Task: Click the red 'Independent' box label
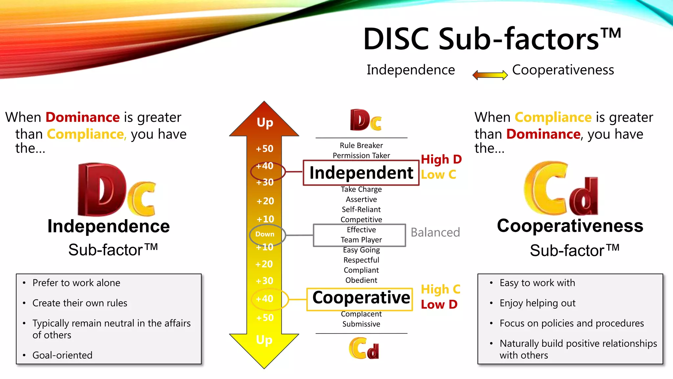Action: point(361,173)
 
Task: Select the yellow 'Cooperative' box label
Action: point(361,298)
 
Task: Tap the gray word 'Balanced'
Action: point(435,233)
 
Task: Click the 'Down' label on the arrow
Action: point(265,234)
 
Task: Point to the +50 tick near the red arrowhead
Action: point(265,149)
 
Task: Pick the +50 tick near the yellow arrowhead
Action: point(265,318)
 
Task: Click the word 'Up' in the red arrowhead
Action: point(265,122)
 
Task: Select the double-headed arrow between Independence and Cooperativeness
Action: point(490,75)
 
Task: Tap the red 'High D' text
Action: point(441,160)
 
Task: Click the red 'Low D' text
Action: point(439,305)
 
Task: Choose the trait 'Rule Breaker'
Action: point(361,145)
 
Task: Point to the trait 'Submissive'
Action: point(361,324)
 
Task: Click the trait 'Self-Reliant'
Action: point(361,210)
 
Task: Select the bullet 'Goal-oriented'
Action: point(62,355)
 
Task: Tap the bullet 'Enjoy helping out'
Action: point(537,303)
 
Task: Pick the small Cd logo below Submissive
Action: point(364,348)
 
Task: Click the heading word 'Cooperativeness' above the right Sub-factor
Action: point(570,226)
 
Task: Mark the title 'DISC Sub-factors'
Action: point(492,39)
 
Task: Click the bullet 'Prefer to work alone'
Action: point(76,283)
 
